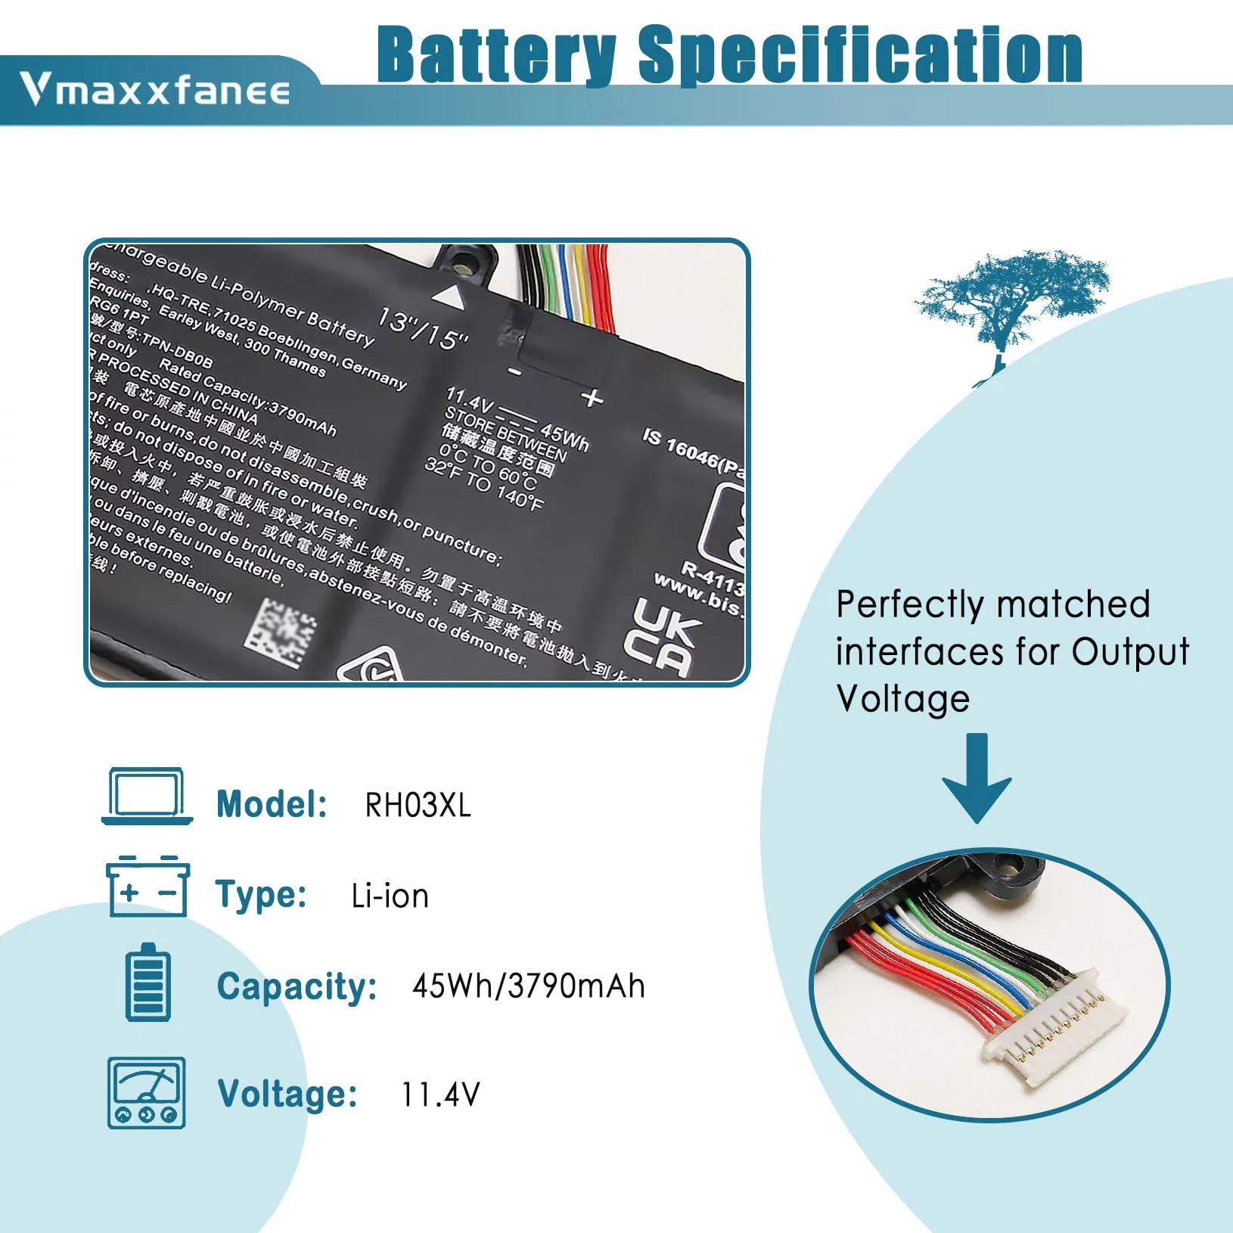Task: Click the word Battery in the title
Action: [x=496, y=54]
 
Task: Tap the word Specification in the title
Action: [x=860, y=54]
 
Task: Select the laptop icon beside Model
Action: [x=147, y=796]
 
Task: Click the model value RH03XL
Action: [x=418, y=806]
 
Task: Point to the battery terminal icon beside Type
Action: [x=148, y=887]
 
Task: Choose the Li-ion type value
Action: [x=390, y=896]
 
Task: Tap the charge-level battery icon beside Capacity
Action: [x=148, y=983]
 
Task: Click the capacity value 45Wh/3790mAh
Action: [x=528, y=986]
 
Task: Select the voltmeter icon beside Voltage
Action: [x=147, y=1092]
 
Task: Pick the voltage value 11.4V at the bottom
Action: [x=440, y=1095]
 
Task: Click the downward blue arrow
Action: [x=977, y=778]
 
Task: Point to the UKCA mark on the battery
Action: [x=661, y=635]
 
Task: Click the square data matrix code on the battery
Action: [x=280, y=632]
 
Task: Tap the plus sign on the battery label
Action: [x=592, y=397]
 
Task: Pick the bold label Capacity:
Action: [x=297, y=987]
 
